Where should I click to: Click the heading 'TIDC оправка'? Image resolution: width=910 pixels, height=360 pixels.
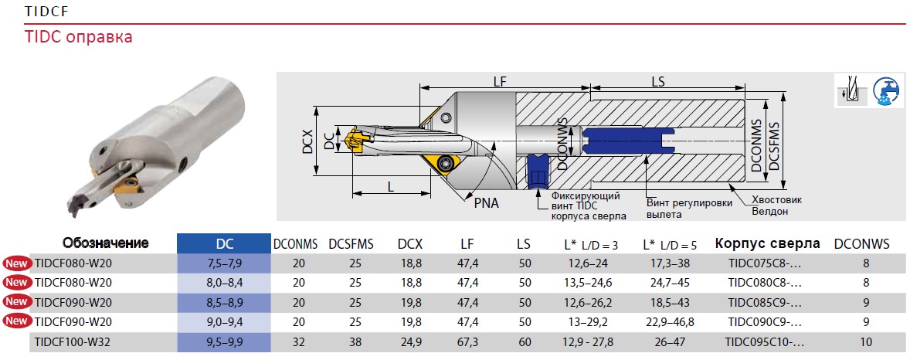click(x=78, y=38)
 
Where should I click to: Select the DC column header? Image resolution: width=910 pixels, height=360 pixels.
click(x=223, y=244)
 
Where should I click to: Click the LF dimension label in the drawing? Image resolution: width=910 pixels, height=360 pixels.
click(x=500, y=82)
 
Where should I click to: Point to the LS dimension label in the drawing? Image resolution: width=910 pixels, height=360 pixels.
click(x=657, y=81)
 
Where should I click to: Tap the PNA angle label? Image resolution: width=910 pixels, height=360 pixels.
click(x=487, y=204)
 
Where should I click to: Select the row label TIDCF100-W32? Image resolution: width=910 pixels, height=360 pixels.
click(x=73, y=342)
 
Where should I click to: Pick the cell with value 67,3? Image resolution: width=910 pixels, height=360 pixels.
click(x=468, y=342)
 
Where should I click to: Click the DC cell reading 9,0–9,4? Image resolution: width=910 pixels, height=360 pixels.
click(x=224, y=322)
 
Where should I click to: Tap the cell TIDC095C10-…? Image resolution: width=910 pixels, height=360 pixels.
click(x=765, y=342)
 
